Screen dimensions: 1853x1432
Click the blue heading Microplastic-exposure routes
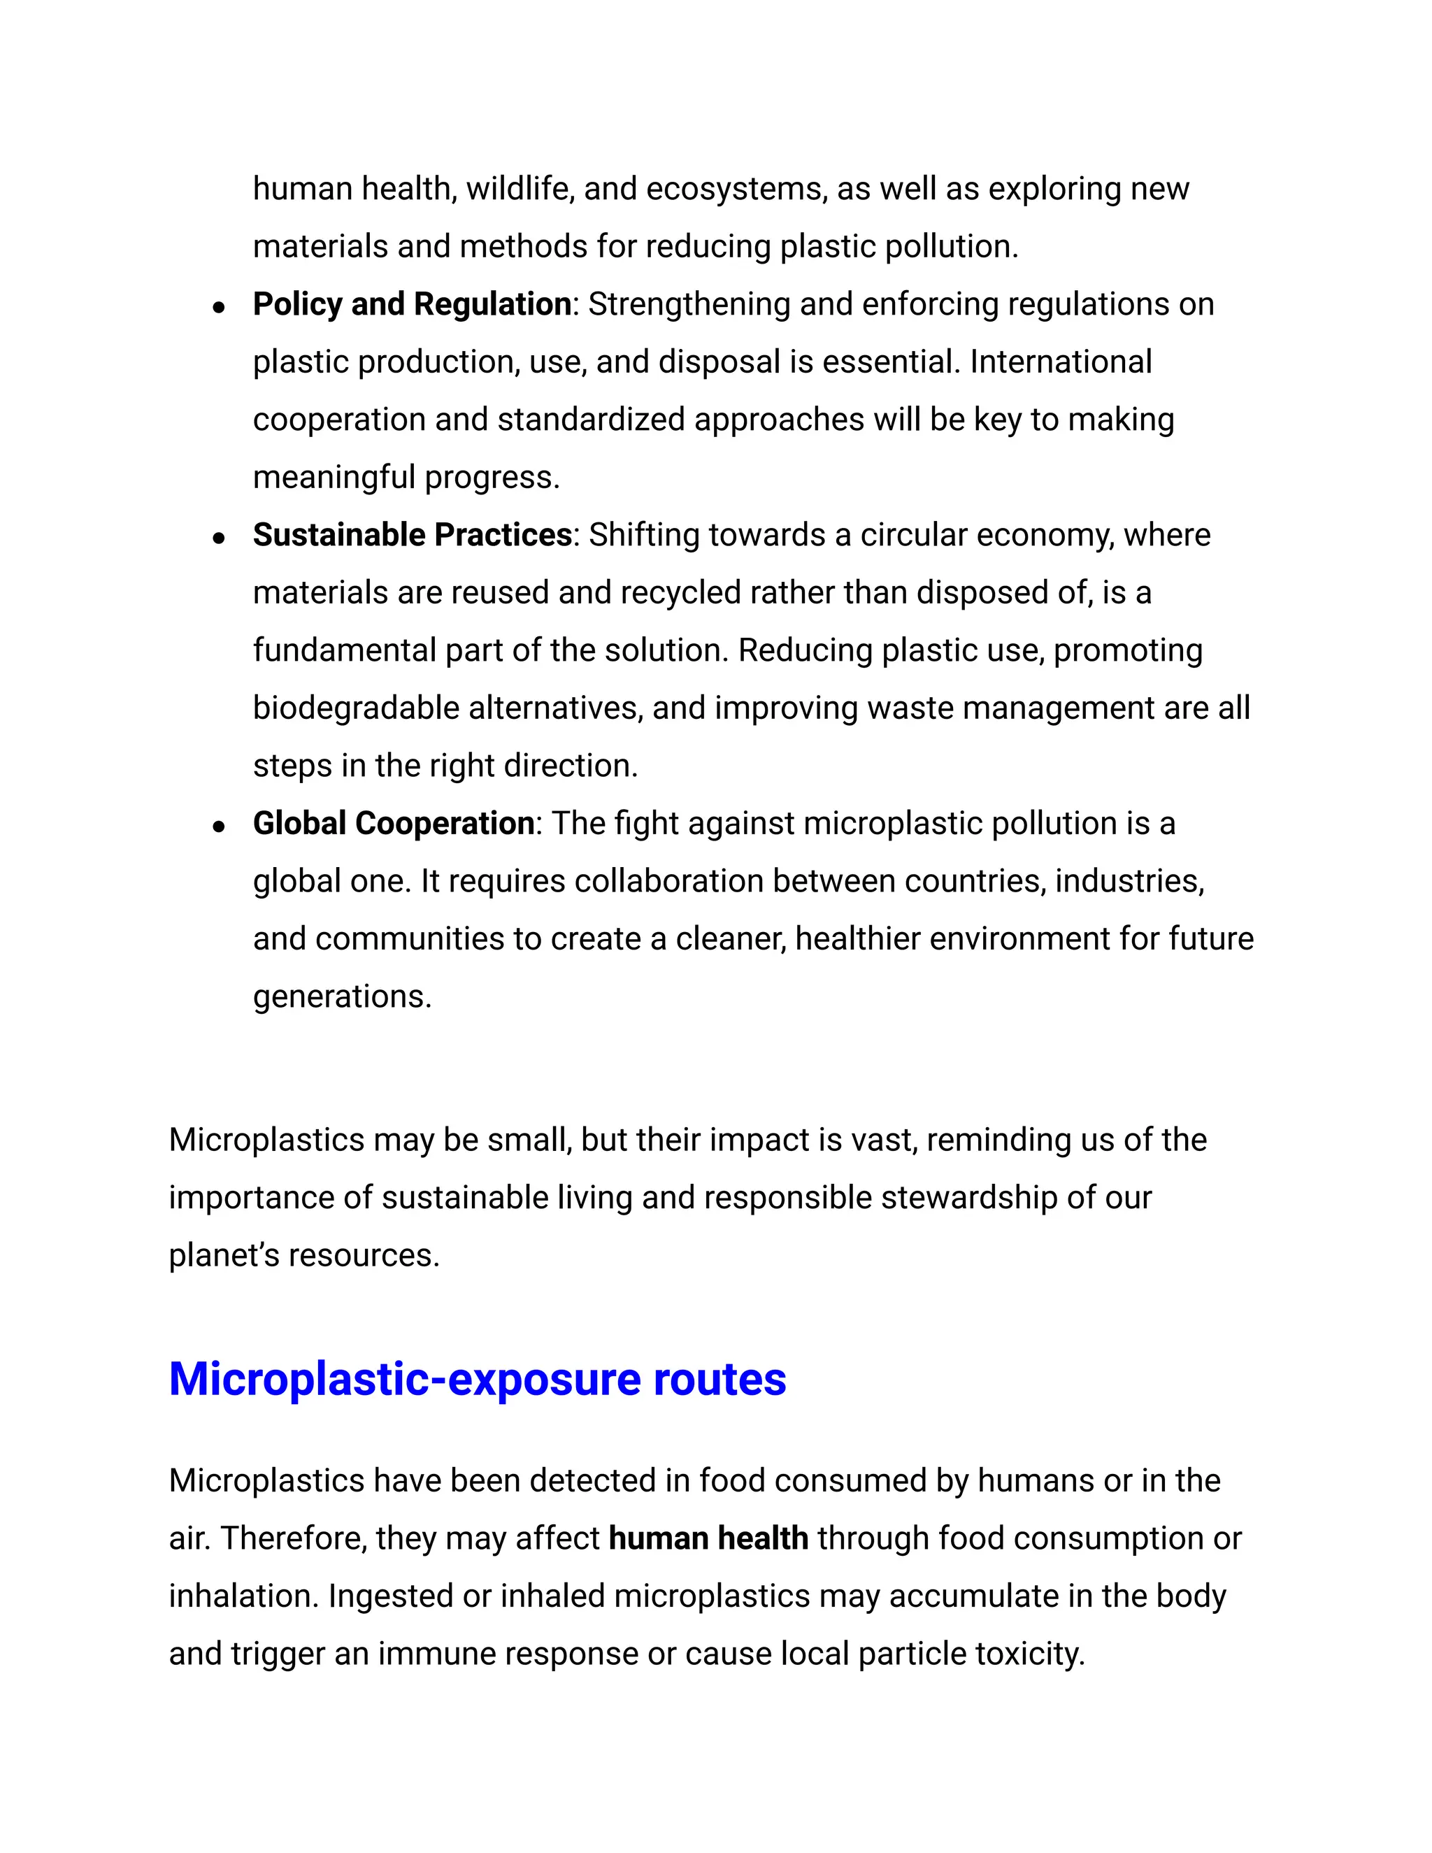[477, 1380]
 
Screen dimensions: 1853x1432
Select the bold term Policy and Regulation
[411, 303]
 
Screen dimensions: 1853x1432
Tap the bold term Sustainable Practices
[411, 534]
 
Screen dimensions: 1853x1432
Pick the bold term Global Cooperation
[393, 823]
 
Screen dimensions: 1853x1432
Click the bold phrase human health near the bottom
[708, 1538]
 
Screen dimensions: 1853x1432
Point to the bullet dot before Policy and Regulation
[219, 307]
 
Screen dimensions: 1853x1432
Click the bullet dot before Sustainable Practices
[219, 538]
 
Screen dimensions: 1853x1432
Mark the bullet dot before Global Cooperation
[219, 827]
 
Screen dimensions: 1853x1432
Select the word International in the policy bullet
[1061, 362]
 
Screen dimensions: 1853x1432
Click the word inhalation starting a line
[243, 1596]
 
